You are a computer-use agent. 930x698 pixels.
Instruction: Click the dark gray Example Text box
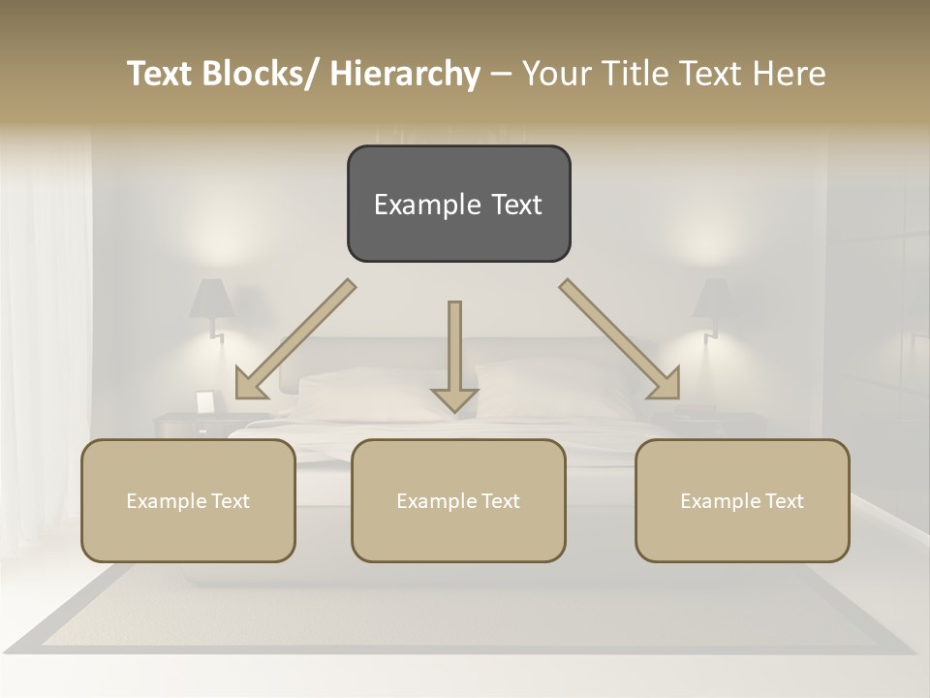pyautogui.click(x=458, y=204)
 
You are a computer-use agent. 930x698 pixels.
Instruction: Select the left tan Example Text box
pyautogui.click(x=188, y=500)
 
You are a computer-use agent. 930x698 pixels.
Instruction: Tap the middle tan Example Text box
pyautogui.click(x=458, y=500)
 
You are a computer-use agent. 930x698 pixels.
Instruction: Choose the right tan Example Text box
pyautogui.click(x=742, y=500)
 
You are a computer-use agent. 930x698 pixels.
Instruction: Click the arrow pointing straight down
pyautogui.click(x=454, y=354)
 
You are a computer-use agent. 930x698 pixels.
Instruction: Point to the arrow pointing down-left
pyautogui.click(x=295, y=339)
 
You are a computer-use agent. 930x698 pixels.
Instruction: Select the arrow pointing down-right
pyautogui.click(x=620, y=339)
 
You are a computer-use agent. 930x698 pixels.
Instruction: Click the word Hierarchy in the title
pyautogui.click(x=405, y=74)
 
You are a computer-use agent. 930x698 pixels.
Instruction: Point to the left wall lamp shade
pyautogui.click(x=210, y=299)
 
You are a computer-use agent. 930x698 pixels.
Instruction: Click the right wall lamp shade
pyautogui.click(x=714, y=299)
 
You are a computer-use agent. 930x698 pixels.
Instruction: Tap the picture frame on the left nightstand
pyautogui.click(x=205, y=401)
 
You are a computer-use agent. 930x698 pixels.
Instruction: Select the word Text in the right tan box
pyautogui.click(x=783, y=500)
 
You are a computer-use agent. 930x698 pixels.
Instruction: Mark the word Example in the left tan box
pyautogui.click(x=167, y=500)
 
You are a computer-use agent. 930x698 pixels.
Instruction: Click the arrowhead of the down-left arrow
pyautogui.click(x=251, y=383)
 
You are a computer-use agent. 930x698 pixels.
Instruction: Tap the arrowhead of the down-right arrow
pyautogui.click(x=664, y=383)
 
